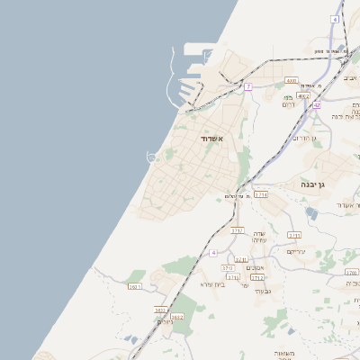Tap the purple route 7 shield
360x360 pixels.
(x=248, y=86)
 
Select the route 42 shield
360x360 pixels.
(x=317, y=105)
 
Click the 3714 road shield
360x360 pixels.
(x=261, y=194)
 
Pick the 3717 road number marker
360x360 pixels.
(x=238, y=231)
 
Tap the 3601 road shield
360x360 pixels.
(x=135, y=287)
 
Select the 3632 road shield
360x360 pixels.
(x=176, y=317)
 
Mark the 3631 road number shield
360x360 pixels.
(x=160, y=310)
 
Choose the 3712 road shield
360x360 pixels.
(x=257, y=277)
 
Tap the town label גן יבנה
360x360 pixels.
(x=319, y=184)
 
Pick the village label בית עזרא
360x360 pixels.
(x=212, y=284)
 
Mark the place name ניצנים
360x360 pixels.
(x=166, y=321)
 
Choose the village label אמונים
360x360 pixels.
(x=255, y=268)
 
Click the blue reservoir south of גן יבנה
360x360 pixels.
(x=311, y=213)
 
